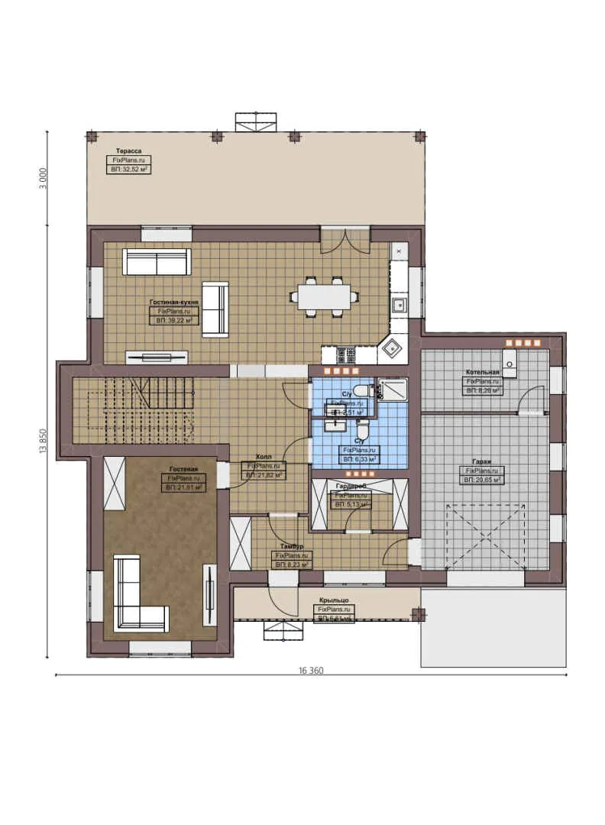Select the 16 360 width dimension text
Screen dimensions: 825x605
pos(311,671)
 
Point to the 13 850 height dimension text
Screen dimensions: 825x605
pos(44,441)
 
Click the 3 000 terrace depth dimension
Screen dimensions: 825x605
pos(44,177)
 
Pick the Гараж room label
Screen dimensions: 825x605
pos(481,461)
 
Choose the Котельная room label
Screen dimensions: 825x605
pos(483,372)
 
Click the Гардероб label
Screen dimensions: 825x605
pos(351,486)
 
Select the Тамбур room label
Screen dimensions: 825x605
pos(292,547)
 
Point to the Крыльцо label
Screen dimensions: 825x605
pos(335,600)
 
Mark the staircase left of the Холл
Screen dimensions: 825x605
pos(141,409)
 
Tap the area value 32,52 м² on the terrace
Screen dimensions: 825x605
pos(128,170)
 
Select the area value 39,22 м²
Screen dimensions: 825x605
pos(174,322)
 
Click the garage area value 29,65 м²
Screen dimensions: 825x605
pos(481,480)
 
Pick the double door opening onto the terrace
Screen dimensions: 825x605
pos(345,240)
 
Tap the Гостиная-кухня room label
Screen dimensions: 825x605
pos(174,302)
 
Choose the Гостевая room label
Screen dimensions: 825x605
pos(183,468)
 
